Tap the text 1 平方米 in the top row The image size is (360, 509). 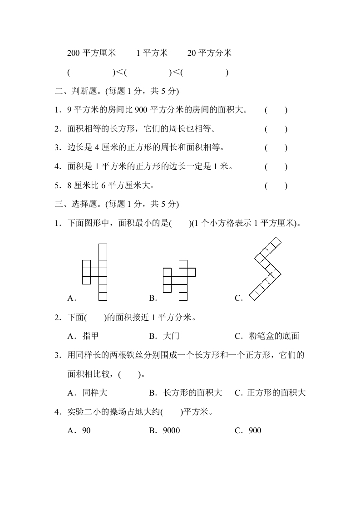152,53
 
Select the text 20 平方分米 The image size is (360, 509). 209,53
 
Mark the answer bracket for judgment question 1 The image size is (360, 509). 276,110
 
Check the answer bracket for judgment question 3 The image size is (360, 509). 276,147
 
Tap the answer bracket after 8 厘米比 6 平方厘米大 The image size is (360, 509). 276,185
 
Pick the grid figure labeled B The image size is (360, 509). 178,280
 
